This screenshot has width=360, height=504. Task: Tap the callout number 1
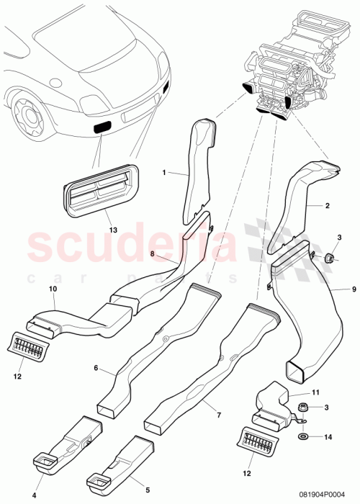164,173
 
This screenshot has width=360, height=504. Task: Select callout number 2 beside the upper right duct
327,206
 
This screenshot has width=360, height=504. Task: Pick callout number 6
95,367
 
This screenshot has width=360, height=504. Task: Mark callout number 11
314,391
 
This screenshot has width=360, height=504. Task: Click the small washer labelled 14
300,436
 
